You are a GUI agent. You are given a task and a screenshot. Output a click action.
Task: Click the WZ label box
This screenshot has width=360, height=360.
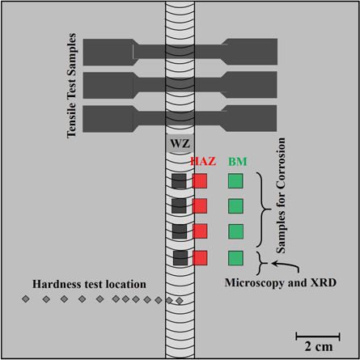178,144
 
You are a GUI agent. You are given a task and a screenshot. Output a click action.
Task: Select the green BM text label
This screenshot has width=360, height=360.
237,162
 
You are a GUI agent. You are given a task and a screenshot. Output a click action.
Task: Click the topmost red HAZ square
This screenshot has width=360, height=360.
200,181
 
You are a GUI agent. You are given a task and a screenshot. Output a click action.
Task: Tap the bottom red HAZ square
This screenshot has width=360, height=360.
200,258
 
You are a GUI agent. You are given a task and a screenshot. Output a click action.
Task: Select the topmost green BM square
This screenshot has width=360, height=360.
235,181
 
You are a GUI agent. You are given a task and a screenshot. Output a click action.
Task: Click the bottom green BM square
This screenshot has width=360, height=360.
235,258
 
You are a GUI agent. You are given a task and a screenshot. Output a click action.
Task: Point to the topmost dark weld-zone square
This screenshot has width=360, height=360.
180,181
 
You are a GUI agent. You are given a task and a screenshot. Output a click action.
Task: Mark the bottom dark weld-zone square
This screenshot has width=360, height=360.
180,258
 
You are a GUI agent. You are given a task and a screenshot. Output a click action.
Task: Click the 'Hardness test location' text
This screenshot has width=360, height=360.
90,284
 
